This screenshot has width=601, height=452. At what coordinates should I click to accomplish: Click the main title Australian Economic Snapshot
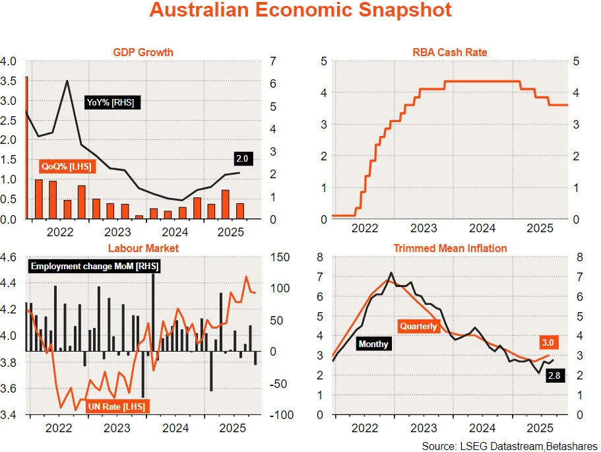(300, 11)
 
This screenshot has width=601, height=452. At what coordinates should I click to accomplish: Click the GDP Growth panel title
(143, 52)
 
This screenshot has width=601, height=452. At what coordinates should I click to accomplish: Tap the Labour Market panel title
(143, 248)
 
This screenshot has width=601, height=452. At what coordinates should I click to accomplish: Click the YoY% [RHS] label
(113, 103)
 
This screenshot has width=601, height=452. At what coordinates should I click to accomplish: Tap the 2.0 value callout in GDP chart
(241, 158)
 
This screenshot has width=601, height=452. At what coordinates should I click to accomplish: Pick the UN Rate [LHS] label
(116, 405)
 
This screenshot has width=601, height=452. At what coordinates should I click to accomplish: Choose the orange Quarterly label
(418, 326)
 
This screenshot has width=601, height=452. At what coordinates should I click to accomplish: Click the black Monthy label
(373, 344)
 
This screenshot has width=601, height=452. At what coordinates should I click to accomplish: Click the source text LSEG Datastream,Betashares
(509, 445)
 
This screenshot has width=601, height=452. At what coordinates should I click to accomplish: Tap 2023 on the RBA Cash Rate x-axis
(424, 228)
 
